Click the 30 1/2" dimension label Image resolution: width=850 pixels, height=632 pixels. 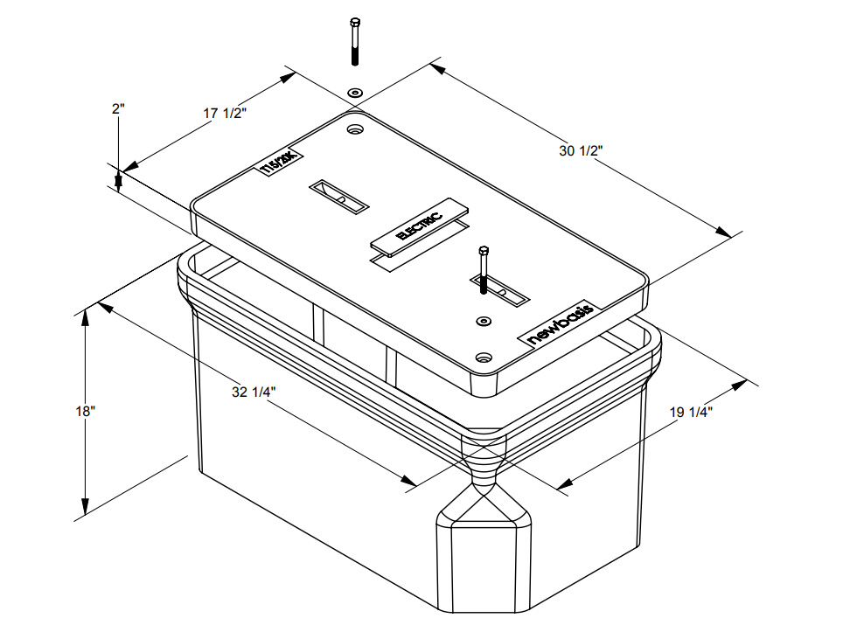pyautogui.click(x=581, y=151)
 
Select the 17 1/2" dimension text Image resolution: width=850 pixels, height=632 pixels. pyautogui.click(x=225, y=114)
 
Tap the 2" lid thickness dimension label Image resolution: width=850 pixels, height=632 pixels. pyautogui.click(x=118, y=108)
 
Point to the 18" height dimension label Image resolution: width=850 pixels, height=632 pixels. pyautogui.click(x=85, y=411)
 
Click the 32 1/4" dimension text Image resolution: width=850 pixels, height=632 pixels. pyautogui.click(x=254, y=392)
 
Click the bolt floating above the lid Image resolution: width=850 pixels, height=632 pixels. pyautogui.click(x=355, y=40)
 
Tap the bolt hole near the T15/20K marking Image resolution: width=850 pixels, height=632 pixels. pyautogui.click(x=355, y=129)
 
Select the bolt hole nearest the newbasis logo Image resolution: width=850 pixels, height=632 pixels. pyautogui.click(x=484, y=357)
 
